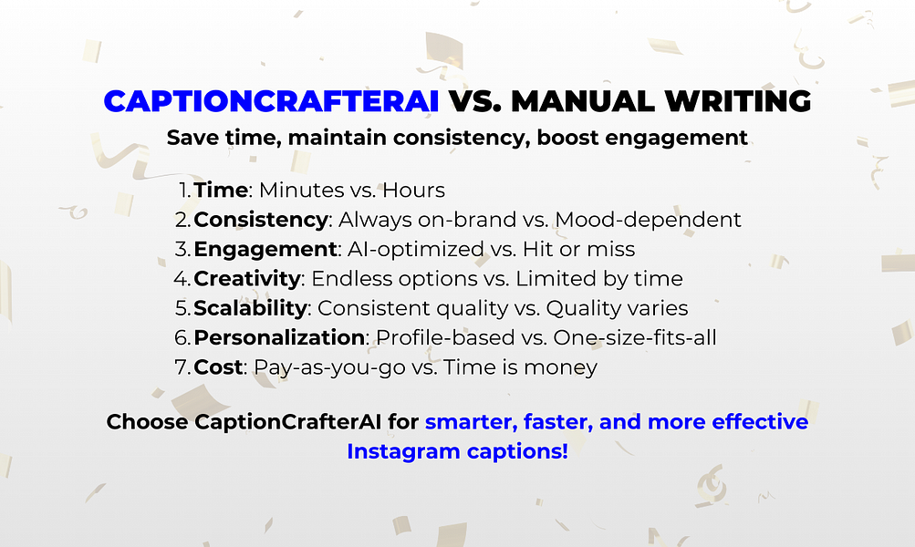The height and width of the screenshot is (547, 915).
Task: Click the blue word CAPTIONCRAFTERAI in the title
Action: tap(271, 101)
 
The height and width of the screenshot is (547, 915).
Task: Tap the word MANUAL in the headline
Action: tap(587, 101)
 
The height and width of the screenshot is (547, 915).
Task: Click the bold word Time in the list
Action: tap(221, 191)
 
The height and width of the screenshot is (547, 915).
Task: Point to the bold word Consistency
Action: tap(260, 220)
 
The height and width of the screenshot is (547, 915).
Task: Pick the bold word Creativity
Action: tap(246, 278)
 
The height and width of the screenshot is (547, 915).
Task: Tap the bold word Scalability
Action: tap(250, 308)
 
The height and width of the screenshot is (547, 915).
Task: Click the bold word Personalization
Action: tap(279, 337)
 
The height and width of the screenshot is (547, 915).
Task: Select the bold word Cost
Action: tap(218, 366)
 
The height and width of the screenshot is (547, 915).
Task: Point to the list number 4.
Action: tap(182, 278)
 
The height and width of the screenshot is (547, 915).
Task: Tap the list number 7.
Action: tap(182, 366)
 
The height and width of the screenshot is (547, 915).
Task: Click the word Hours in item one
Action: tap(413, 191)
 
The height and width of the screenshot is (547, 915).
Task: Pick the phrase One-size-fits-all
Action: tap(634, 337)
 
